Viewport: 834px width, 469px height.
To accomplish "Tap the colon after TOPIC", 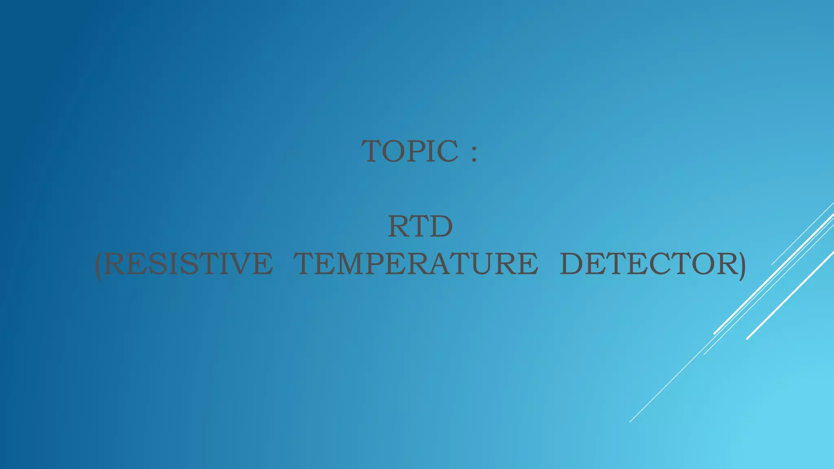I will [474, 153].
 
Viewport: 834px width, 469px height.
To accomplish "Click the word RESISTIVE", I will [188, 264].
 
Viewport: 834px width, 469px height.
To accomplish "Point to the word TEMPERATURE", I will [416, 264].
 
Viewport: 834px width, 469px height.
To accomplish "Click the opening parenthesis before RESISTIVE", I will [98, 265].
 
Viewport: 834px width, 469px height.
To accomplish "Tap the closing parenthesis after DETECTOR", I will [742, 265].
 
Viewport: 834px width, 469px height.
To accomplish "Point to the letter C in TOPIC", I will [448, 151].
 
